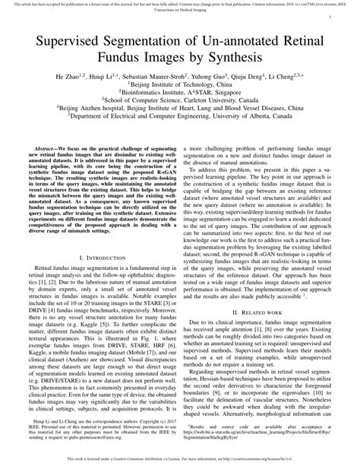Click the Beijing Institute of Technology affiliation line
pyautogui.click(x=180, y=87)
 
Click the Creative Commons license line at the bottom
pyautogui.click(x=180, y=460)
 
